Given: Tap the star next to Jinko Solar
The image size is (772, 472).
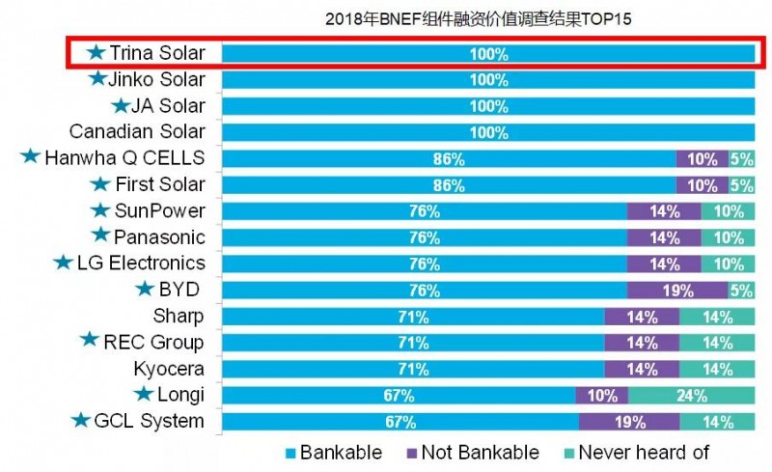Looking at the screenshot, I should click(x=96, y=79).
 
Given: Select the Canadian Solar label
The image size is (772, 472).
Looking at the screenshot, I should click(x=137, y=132).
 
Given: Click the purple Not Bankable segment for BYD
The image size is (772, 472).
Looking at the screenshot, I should click(x=676, y=290).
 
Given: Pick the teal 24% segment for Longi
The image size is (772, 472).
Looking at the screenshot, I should click(x=691, y=395).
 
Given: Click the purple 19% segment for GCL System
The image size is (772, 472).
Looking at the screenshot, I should click(x=628, y=421).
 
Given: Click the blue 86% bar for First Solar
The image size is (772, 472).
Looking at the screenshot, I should click(x=449, y=184).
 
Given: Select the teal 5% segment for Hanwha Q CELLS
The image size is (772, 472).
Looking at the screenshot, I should click(x=741, y=158).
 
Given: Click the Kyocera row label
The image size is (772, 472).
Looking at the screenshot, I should click(x=169, y=368).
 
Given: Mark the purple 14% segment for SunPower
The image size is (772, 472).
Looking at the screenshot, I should click(x=664, y=211).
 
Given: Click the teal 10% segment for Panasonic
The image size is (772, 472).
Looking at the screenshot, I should click(x=729, y=237).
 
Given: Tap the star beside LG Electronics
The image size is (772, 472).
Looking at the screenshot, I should click(x=64, y=263).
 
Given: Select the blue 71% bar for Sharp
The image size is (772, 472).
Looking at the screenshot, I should click(x=413, y=316).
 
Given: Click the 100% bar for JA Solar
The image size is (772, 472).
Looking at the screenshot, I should click(x=488, y=106).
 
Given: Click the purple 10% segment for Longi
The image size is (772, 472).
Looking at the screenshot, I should click(x=601, y=395).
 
